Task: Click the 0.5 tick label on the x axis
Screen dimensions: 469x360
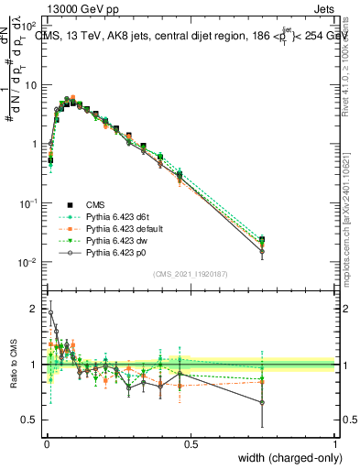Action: tap(191, 442)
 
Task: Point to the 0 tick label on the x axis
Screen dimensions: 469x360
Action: tap(46, 442)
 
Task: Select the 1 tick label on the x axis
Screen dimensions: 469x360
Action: tap(334, 442)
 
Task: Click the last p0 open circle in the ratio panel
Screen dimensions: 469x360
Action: tap(263, 402)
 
